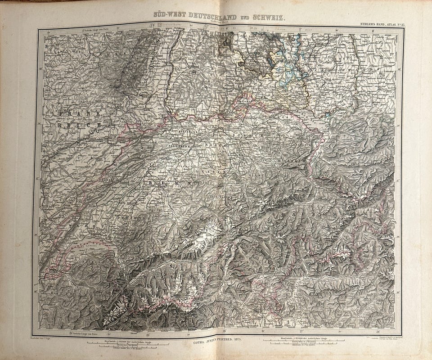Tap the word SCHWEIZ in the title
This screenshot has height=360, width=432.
pos(268,17)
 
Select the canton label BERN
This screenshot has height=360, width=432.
pos(171,184)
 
